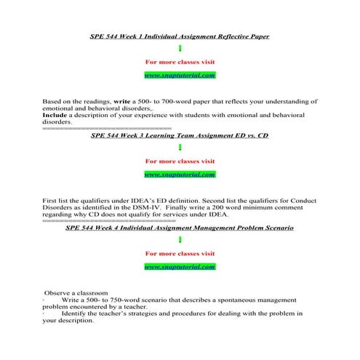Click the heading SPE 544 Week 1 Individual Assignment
179,36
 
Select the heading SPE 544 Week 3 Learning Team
179,135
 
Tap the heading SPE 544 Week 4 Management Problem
179,228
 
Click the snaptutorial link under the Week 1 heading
179,75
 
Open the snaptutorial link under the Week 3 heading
179,174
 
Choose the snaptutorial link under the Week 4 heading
179,267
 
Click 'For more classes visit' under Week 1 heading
180,62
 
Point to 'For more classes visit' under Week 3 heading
180,161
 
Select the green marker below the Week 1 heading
179,49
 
